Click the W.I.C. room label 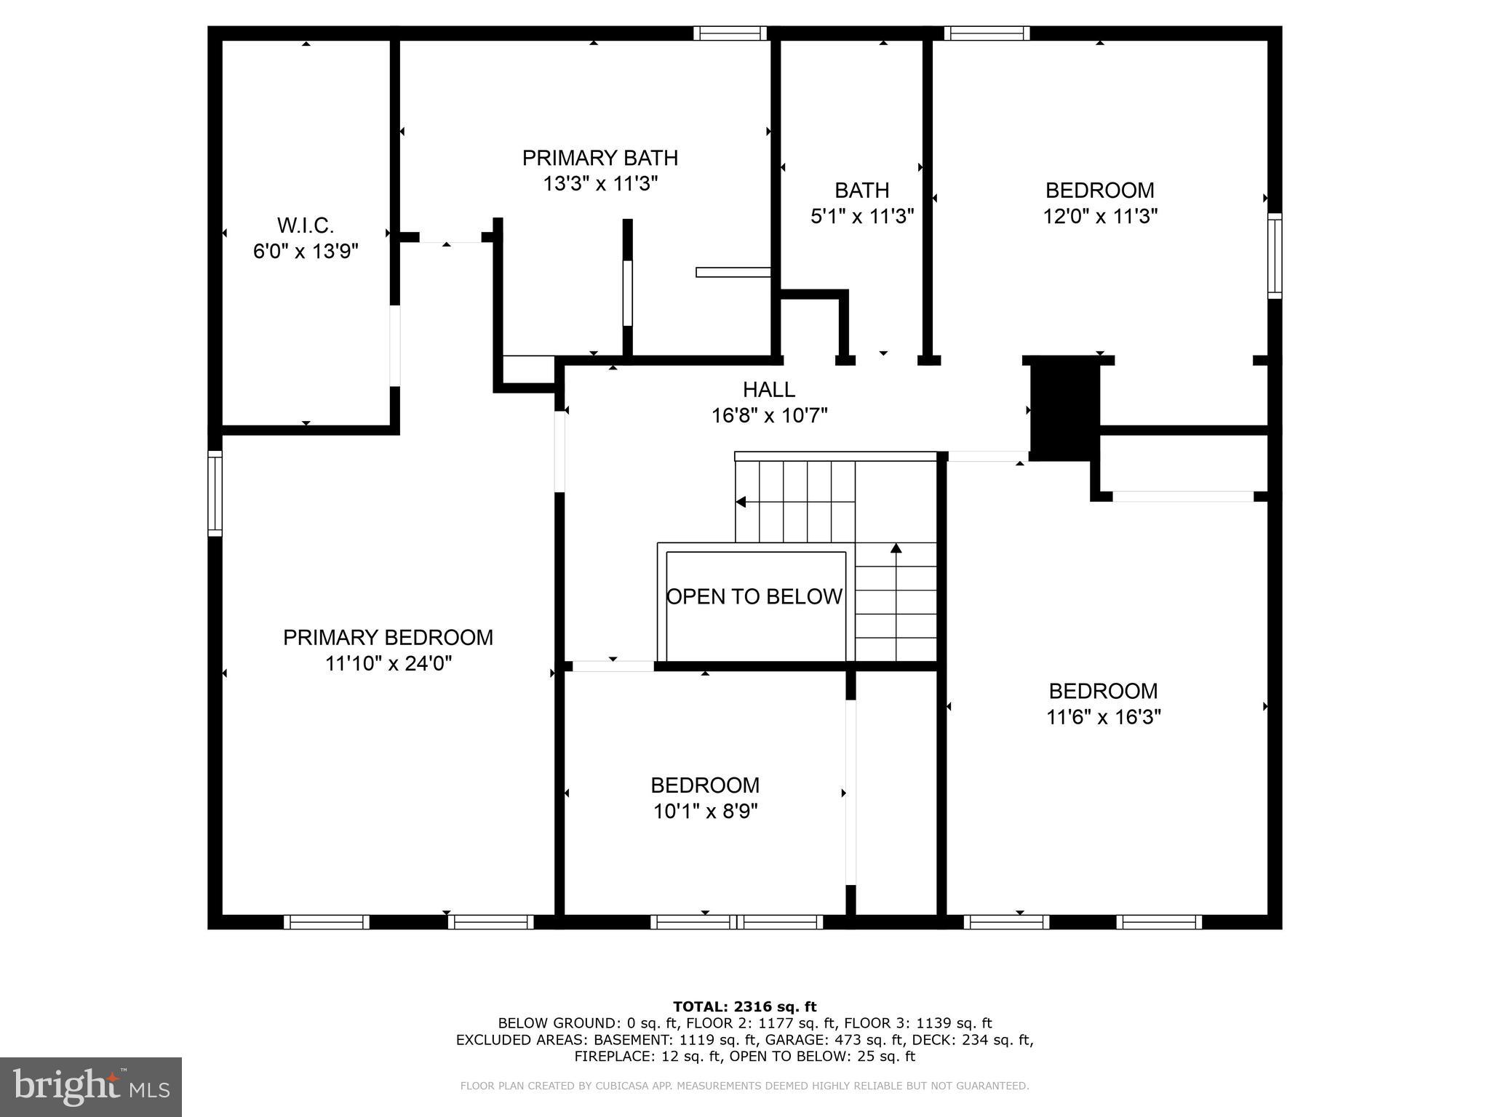tap(306, 225)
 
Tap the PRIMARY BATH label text tap(599, 158)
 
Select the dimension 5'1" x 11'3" tap(861, 216)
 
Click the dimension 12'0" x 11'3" tap(1099, 216)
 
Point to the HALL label tap(768, 390)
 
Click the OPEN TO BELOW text tap(754, 596)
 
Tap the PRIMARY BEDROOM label tap(388, 638)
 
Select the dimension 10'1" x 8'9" tap(705, 811)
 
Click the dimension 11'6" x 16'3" tap(1103, 717)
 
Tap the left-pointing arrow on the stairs tap(741, 502)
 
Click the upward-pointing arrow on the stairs tap(896, 549)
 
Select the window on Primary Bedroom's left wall tap(215, 493)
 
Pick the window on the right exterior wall tap(1275, 255)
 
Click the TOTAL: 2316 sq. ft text tap(744, 1006)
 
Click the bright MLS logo tap(90, 1086)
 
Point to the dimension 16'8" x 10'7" tap(769, 416)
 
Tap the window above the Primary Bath tap(730, 33)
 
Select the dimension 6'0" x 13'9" tap(306, 251)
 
